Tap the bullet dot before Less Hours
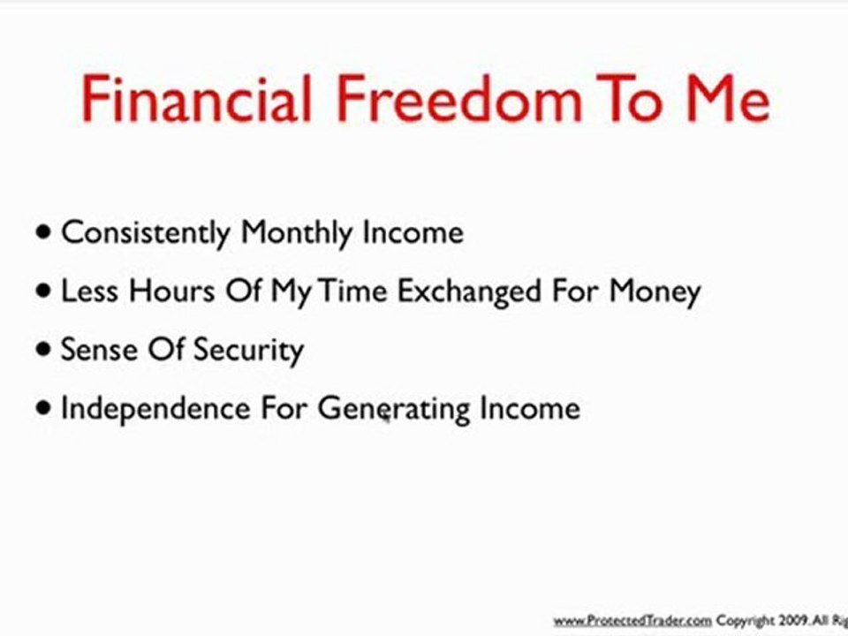(44, 291)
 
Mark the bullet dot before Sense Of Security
(44, 349)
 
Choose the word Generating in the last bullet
(394, 409)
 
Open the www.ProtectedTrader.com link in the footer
(632, 621)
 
